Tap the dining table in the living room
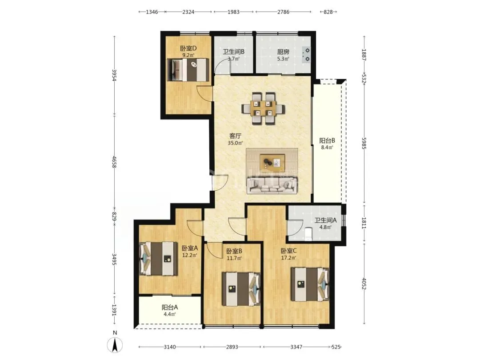click(263, 108)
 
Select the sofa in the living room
click(272, 185)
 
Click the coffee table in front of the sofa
click(272, 162)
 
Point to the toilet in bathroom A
click(308, 234)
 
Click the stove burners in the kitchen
click(306, 55)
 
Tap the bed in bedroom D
click(188, 70)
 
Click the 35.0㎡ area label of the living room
click(235, 143)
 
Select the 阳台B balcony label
click(327, 140)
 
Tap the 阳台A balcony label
click(170, 308)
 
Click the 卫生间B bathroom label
click(233, 52)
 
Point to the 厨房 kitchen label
click(283, 52)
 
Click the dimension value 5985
click(364, 143)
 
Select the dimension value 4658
click(114, 162)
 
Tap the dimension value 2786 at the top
click(283, 12)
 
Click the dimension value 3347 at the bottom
click(296, 347)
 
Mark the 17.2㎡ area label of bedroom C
click(289, 258)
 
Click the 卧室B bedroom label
click(234, 251)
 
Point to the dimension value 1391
click(114, 310)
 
